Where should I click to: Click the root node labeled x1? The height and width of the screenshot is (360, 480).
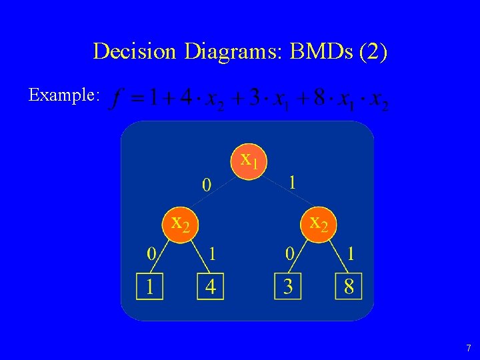tap(249, 160)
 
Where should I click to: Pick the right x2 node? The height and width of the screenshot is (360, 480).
tap(318, 224)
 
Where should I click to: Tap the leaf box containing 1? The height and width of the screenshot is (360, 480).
tap(150, 286)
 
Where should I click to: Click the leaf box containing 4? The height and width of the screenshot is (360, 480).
tap(210, 286)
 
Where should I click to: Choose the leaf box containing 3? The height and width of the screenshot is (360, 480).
tap(288, 286)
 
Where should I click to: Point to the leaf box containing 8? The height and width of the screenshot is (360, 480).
tap(349, 286)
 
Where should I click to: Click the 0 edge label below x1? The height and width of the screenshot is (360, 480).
tap(207, 184)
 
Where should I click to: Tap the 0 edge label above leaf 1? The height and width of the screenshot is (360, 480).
tap(152, 253)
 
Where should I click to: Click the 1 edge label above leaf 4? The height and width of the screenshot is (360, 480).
tap(211, 253)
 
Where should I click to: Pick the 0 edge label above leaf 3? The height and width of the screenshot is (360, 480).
tap(289, 253)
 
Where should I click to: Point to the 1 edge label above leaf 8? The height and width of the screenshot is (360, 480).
tap(351, 253)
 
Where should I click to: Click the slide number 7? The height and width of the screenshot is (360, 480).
tap(468, 348)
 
